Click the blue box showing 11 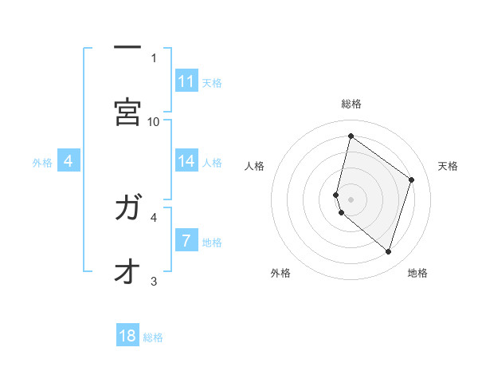[186, 81]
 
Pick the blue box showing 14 [186, 161]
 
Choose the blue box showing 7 [186, 239]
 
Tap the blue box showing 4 [69, 162]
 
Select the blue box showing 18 [127, 336]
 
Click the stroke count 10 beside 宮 [154, 121]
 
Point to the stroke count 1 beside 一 [154, 57]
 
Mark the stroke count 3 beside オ [154, 281]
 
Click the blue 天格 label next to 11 [212, 82]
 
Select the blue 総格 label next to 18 [153, 337]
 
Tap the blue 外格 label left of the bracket [42, 163]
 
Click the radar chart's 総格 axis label [351, 104]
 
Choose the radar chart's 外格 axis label [280, 273]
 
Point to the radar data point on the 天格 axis [412, 180]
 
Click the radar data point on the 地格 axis [388, 252]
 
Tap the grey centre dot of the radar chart [351, 199]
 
